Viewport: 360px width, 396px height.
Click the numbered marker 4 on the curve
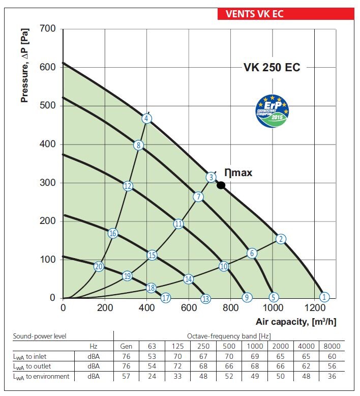point(146,119)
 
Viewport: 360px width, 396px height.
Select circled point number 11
point(178,223)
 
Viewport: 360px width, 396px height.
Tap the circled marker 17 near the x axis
point(165,298)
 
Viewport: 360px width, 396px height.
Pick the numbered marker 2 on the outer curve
point(281,239)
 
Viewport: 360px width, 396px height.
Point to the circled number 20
point(99,266)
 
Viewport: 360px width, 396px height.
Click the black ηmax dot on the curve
point(221,185)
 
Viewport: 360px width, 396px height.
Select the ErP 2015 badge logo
point(272,109)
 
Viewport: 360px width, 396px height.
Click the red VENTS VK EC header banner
point(285,13)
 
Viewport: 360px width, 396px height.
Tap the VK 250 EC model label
point(272,67)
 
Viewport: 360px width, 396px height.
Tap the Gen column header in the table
point(126,346)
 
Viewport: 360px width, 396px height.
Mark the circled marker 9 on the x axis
point(247,298)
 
